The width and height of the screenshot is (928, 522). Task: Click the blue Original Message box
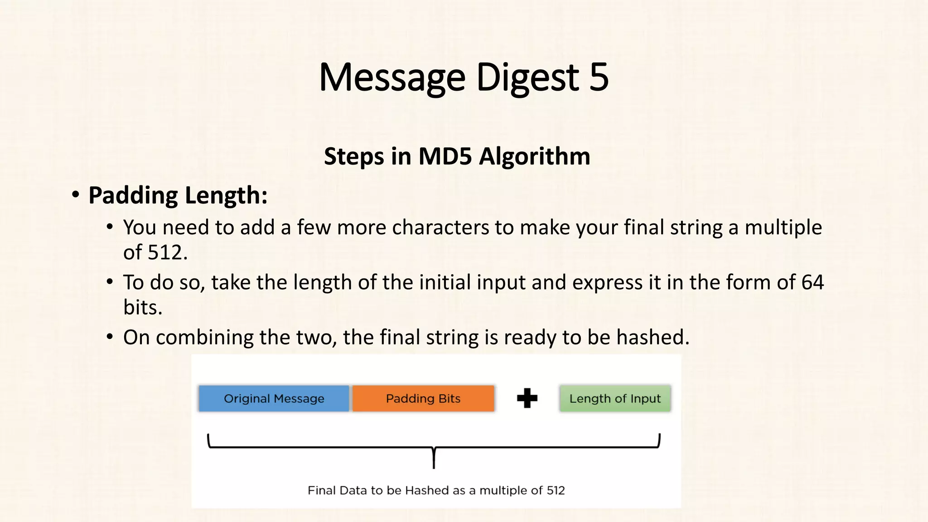click(x=274, y=398)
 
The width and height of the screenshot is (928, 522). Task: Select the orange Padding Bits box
click(x=423, y=398)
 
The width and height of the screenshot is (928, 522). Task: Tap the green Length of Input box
click(x=615, y=398)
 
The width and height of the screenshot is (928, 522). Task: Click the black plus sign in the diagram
click(x=527, y=398)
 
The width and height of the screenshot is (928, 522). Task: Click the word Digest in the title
click(x=528, y=78)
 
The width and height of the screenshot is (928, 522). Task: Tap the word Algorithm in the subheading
click(x=535, y=157)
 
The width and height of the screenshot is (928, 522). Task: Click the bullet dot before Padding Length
click(x=76, y=195)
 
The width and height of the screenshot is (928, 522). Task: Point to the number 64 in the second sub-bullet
click(x=812, y=282)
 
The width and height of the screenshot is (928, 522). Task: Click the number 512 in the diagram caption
click(x=556, y=490)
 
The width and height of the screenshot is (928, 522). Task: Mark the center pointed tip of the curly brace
click(x=434, y=467)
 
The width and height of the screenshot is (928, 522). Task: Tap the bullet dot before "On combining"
click(x=110, y=337)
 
